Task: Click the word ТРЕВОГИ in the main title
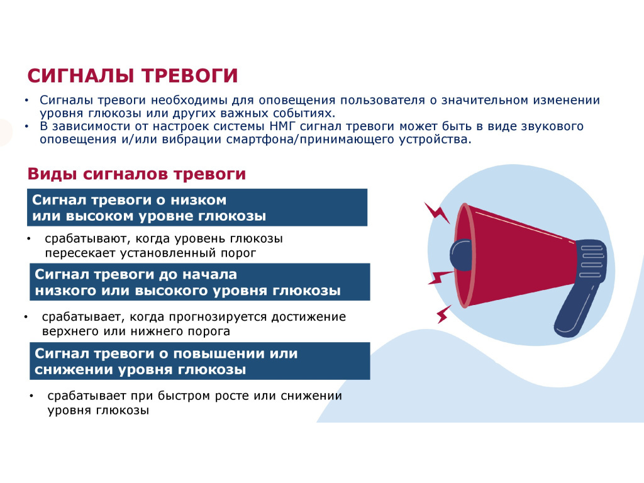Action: [x=190, y=76]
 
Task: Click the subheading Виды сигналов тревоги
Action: [x=136, y=174]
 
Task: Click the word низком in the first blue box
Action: [x=198, y=200]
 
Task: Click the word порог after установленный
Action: [x=238, y=253]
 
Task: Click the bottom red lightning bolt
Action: [x=443, y=314]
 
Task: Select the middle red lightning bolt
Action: [x=440, y=277]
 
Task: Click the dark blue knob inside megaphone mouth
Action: [x=461, y=255]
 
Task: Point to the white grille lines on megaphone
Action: [x=592, y=261]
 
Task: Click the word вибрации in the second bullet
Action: [x=191, y=139]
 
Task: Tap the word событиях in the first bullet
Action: [x=306, y=113]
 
